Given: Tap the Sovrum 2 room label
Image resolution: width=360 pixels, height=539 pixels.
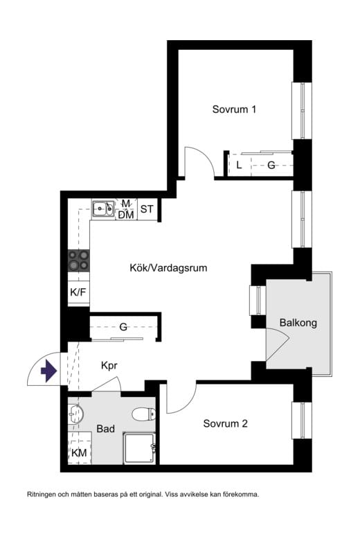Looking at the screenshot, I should [225, 423].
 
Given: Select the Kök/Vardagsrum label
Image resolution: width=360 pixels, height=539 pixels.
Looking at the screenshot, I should [168, 267].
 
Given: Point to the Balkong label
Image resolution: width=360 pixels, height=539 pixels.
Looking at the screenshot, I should [298, 323].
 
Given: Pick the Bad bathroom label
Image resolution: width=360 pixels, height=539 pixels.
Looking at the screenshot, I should [105, 429].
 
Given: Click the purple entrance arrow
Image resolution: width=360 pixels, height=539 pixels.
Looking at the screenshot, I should [48, 372].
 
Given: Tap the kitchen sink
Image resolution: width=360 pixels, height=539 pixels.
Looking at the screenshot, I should [104, 207].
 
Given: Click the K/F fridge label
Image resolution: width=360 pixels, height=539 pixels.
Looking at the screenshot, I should [78, 292].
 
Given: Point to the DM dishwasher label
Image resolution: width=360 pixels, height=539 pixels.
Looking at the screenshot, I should [125, 215].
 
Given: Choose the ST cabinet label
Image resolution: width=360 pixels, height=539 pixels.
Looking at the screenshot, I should [147, 209].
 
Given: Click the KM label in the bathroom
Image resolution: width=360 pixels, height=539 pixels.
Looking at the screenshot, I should [79, 453].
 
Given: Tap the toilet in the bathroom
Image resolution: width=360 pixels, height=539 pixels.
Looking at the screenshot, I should [144, 414].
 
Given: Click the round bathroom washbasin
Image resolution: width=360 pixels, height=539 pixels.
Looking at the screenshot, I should [76, 414].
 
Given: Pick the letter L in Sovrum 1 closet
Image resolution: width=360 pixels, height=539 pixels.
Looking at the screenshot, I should [239, 165].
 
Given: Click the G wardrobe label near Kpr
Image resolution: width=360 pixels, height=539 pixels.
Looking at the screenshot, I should [123, 327].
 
